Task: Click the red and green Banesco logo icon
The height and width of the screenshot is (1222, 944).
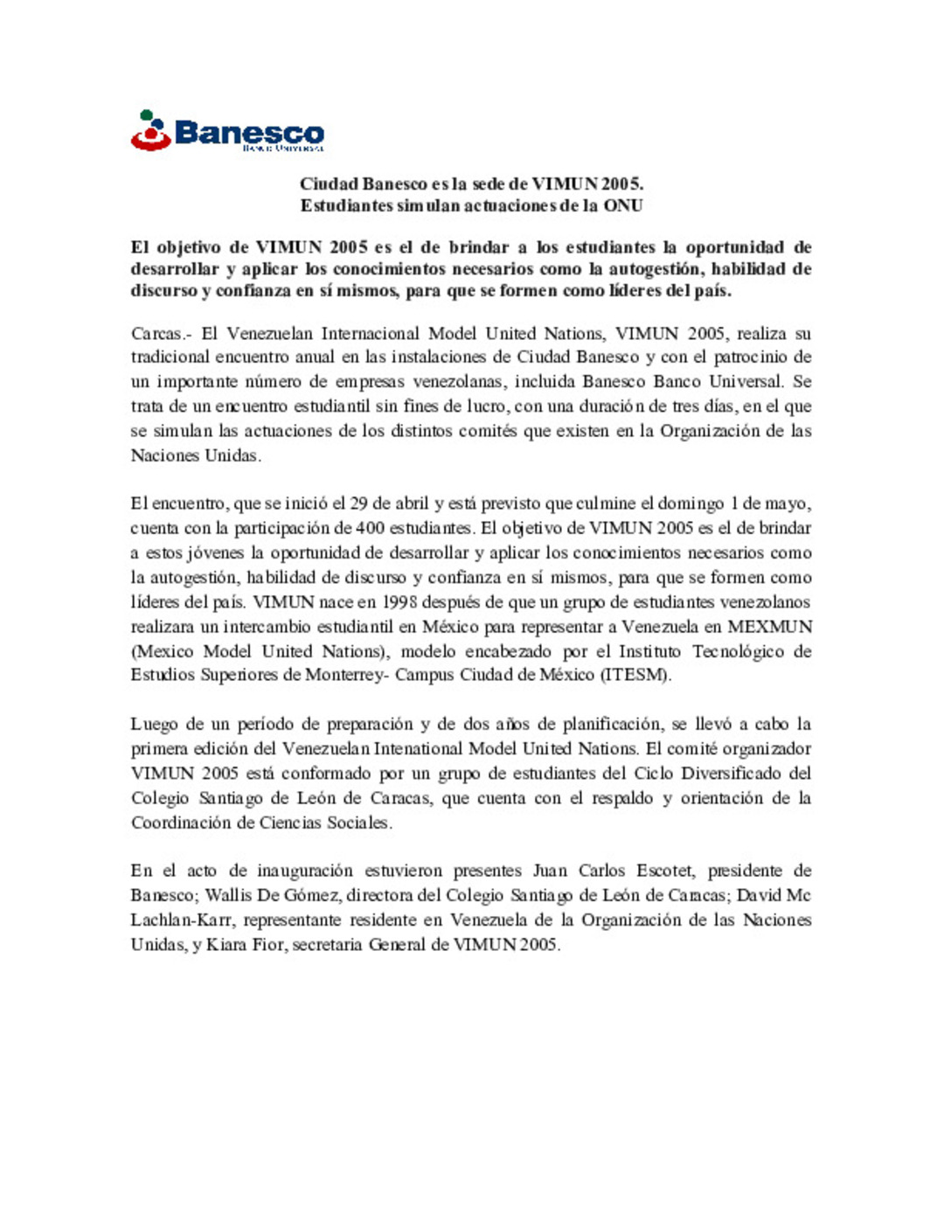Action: pos(149,130)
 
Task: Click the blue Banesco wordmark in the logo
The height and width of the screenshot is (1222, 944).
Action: pos(249,133)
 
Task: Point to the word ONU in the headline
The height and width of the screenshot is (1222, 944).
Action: pos(623,206)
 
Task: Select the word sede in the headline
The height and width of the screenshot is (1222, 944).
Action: pos(489,184)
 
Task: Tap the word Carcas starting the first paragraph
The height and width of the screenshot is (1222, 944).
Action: pos(158,334)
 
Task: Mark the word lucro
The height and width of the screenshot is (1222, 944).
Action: pos(484,406)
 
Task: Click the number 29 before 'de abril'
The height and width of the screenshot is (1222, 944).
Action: pos(358,503)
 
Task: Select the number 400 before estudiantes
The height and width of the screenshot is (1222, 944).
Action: pos(371,528)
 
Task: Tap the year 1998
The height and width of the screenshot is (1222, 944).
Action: pos(400,602)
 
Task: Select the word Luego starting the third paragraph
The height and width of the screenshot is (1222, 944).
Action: pos(154,725)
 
